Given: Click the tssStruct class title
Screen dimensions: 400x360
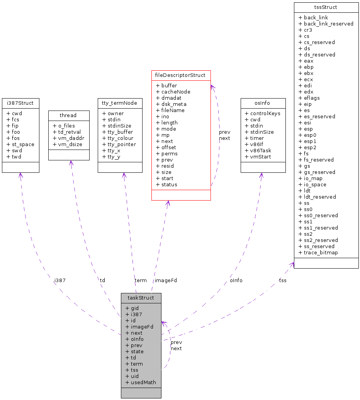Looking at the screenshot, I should point(326,7).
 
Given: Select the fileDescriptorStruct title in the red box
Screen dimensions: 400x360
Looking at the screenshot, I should point(181,75).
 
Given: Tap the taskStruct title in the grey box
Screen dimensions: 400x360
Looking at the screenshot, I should point(141,298).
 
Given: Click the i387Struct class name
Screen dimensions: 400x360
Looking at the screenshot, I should point(20,103).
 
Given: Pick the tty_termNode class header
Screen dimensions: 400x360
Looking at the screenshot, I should point(120,103).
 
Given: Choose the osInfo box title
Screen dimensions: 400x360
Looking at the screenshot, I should point(263,103).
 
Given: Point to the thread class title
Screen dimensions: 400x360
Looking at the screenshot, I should point(68,116).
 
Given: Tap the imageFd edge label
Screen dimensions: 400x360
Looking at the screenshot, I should point(166,281).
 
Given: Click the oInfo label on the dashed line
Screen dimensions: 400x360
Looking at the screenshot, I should point(236,281).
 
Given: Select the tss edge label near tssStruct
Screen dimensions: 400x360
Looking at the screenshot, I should point(283,281).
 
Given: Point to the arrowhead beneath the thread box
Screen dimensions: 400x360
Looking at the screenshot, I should point(71,163).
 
